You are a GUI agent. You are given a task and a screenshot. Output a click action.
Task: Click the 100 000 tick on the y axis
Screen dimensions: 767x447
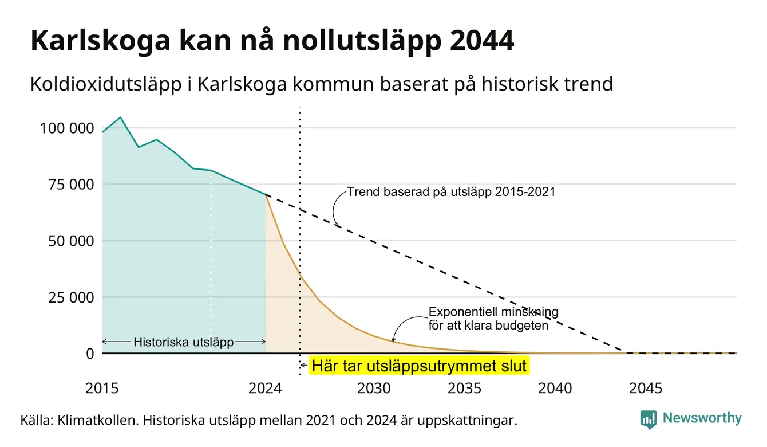pos(67,128)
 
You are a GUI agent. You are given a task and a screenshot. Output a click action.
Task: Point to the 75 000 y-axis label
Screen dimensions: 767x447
pos(71,185)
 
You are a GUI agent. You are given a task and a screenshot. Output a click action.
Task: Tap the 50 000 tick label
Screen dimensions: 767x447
pos(71,241)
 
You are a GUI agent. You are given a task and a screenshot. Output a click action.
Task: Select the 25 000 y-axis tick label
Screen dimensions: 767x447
pos(71,297)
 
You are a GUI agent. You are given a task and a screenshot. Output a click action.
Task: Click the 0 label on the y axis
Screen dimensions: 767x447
pos(90,354)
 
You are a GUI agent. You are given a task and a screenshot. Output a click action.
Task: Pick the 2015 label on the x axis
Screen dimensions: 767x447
pos(102,389)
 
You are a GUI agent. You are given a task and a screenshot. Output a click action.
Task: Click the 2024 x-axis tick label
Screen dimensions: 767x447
pos(266,389)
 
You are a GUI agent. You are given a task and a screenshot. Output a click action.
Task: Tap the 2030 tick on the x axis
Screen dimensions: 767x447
pos(374,389)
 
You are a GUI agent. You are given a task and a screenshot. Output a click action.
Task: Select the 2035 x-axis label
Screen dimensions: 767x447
pos(465,389)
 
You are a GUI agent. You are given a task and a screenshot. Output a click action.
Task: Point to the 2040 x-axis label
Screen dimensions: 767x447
pos(555,389)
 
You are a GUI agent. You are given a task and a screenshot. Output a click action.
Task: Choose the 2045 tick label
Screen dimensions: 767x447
pos(646,389)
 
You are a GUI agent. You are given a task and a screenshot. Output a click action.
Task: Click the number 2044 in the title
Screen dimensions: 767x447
pos(482,41)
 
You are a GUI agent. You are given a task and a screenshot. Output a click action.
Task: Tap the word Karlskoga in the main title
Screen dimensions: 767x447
pos(100,41)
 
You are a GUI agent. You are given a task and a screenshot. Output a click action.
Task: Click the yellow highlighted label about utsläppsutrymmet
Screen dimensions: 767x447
pos(419,366)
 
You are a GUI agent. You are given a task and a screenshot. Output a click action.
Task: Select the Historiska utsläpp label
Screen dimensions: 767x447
pos(184,342)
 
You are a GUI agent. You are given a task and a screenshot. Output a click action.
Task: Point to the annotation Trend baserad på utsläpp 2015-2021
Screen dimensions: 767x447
pos(451,191)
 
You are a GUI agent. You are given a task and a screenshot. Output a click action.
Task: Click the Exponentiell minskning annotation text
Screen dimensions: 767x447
pos(493,319)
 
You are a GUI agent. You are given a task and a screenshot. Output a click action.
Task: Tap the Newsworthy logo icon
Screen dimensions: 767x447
pos(649,419)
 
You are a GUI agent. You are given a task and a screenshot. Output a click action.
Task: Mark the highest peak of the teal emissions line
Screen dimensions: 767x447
pos(120,117)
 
